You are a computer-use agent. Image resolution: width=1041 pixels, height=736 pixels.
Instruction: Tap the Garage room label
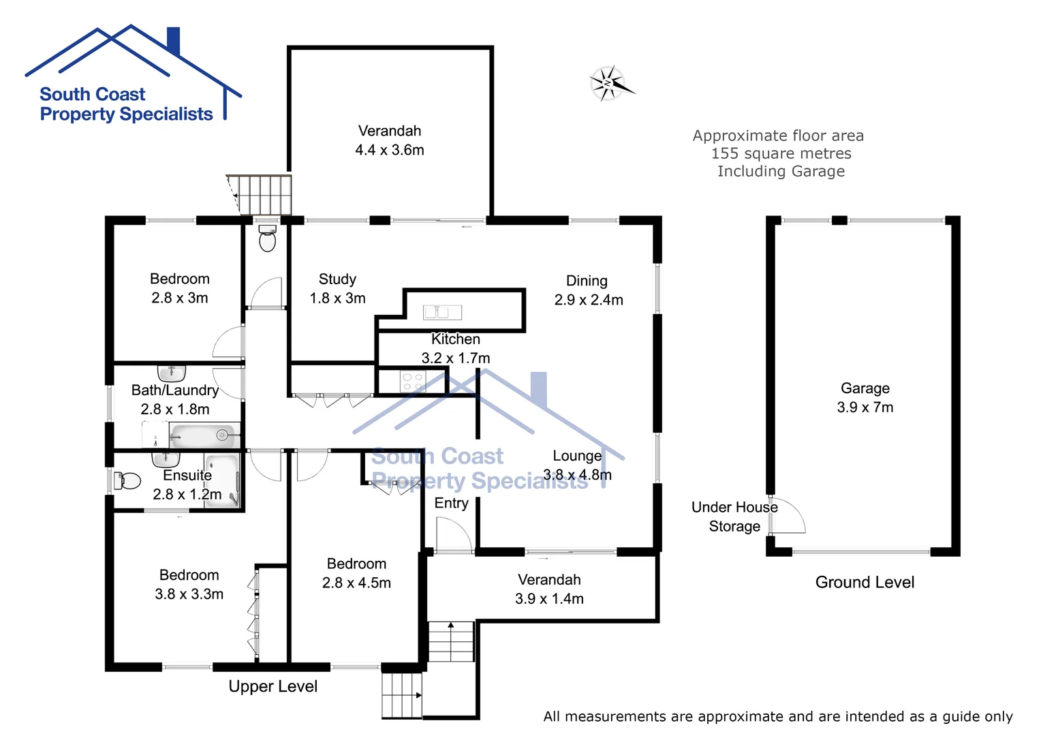[865, 388]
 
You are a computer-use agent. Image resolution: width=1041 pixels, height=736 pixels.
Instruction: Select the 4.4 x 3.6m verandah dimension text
[389, 150]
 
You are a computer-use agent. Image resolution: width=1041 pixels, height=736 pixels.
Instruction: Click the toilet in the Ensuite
[127, 481]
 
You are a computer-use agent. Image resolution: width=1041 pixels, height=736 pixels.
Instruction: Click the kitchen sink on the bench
[442, 312]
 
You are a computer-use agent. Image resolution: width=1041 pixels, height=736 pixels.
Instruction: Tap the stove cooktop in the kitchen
[412, 382]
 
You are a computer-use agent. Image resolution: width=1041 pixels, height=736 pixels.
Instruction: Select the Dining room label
[587, 281]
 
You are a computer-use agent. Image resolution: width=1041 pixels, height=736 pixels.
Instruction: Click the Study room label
[337, 279]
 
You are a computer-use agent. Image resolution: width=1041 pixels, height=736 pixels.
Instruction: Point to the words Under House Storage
[734, 517]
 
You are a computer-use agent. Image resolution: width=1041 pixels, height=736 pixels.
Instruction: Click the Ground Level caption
[865, 583]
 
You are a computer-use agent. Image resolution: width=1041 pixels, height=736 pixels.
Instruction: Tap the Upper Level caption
[273, 686]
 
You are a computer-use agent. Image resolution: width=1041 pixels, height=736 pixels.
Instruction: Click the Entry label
[451, 503]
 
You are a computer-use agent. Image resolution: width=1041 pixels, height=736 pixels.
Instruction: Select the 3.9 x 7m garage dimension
[865, 408]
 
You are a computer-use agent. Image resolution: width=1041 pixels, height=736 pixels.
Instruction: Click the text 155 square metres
[781, 154]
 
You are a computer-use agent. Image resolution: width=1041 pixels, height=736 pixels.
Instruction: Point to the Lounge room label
[577, 456]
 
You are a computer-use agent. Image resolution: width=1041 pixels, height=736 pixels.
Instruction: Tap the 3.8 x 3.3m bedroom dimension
[189, 594]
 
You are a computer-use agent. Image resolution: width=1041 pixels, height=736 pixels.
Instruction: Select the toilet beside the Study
[268, 239]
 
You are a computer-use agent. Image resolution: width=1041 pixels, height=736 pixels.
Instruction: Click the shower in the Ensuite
[223, 481]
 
